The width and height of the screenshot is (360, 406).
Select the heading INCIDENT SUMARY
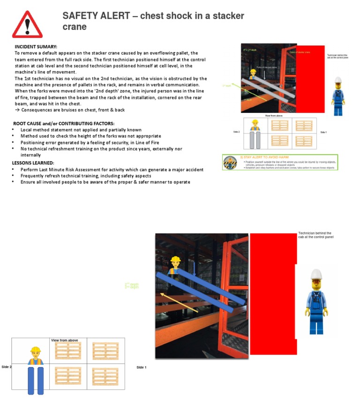[36, 47]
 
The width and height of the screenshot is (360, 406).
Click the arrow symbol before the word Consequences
[17, 110]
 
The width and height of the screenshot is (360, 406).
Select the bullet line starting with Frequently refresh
[86, 176]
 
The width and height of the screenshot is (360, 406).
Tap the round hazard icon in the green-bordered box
[230, 163]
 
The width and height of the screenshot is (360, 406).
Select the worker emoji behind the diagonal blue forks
[175, 264]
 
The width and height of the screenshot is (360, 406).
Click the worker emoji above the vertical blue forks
[36, 355]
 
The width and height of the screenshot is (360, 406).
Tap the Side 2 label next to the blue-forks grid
[7, 367]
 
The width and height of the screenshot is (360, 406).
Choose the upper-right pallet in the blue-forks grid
[105, 351]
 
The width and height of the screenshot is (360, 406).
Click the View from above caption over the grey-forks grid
[274, 115]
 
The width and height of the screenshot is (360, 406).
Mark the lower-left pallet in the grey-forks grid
[280, 140]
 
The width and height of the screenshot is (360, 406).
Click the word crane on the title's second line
[75, 27]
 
